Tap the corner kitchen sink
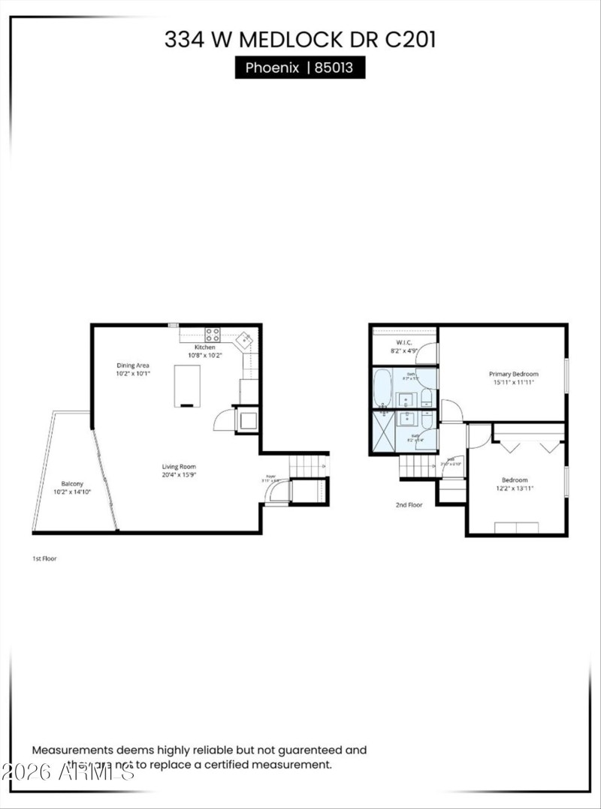point(243,341)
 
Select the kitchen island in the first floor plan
point(188,385)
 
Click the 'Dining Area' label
point(132,365)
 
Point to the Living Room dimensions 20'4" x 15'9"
point(179,475)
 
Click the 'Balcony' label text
point(72,484)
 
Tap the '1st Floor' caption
point(44,558)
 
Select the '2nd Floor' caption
point(409,505)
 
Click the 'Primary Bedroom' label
point(513,374)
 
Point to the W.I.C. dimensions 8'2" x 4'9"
point(404,351)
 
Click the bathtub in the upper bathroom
point(382,386)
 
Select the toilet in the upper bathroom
point(427,397)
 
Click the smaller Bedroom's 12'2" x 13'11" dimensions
point(515,489)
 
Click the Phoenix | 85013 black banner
point(300,68)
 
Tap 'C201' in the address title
point(410,40)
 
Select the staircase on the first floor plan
point(308,466)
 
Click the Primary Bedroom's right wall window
point(566,373)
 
